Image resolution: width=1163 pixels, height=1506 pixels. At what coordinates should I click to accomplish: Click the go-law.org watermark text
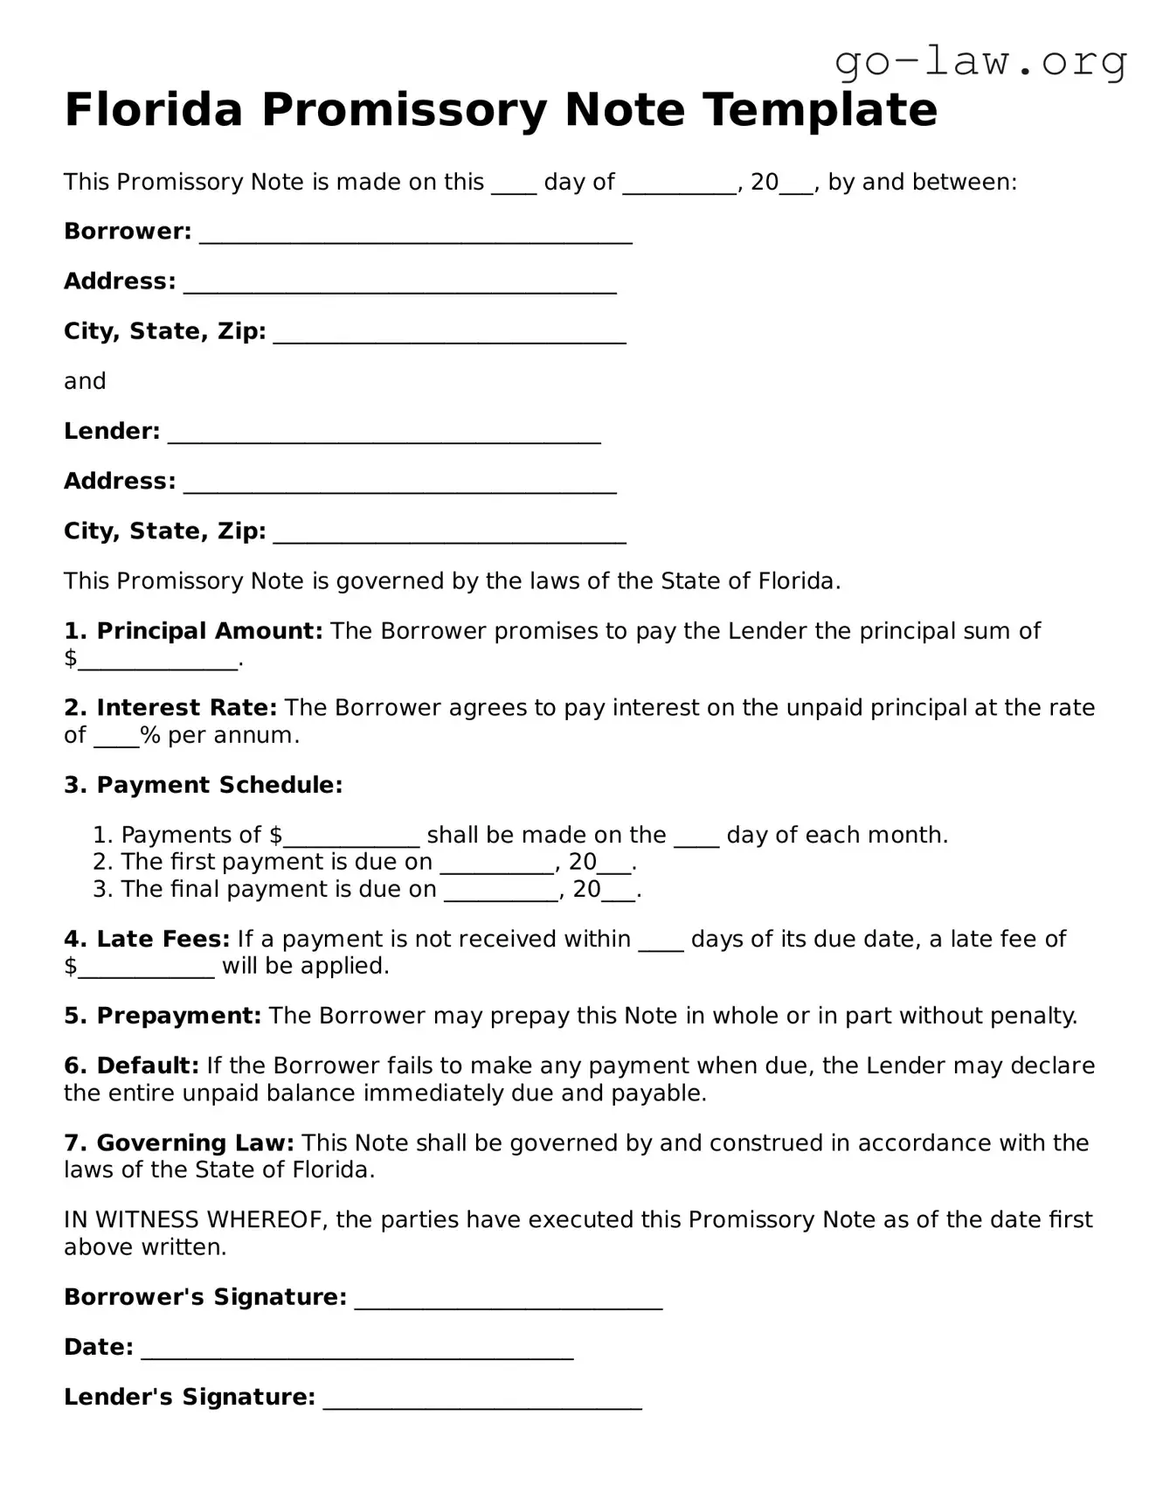coord(980,61)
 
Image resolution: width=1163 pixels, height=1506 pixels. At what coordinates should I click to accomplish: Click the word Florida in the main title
coord(153,110)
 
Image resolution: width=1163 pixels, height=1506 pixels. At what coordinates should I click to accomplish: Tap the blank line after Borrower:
coord(415,237)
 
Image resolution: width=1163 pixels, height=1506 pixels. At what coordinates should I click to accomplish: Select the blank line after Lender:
coord(384,437)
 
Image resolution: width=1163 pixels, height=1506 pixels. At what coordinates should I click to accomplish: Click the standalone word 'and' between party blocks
coord(85,381)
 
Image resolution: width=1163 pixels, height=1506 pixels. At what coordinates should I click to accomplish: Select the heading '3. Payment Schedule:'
coord(203,785)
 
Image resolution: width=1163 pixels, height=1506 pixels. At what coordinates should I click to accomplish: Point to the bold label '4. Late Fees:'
coord(146,939)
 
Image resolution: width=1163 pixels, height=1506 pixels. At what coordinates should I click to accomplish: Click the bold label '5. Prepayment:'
coord(163,1016)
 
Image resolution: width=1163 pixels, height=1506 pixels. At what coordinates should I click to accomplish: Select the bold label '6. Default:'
coord(132,1065)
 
